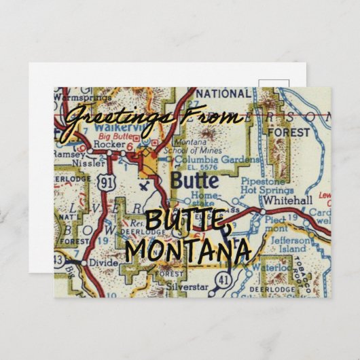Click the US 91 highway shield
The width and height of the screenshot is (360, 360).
coord(105,183)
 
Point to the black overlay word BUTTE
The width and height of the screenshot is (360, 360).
coord(185,221)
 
